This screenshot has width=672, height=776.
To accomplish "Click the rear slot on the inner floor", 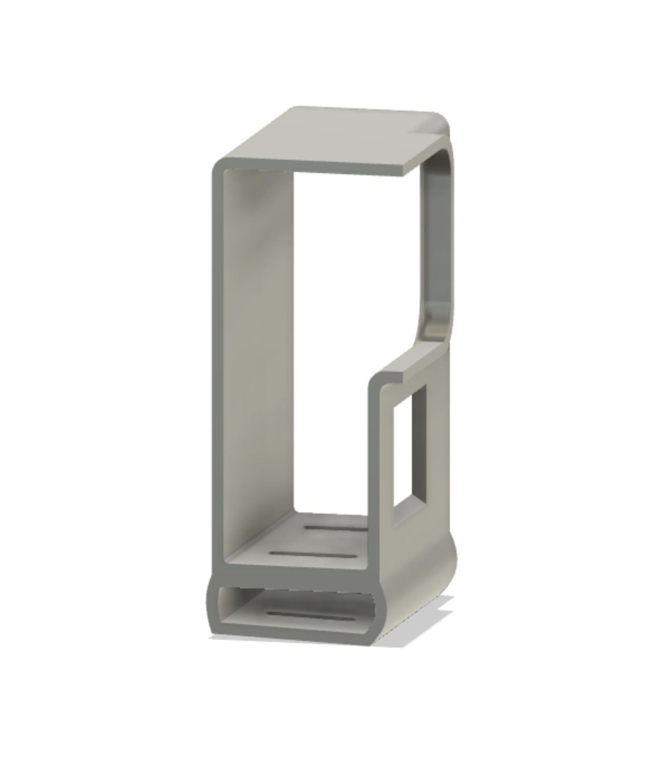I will [x=335, y=527].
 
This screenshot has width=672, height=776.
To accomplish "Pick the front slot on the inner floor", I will [x=313, y=554].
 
